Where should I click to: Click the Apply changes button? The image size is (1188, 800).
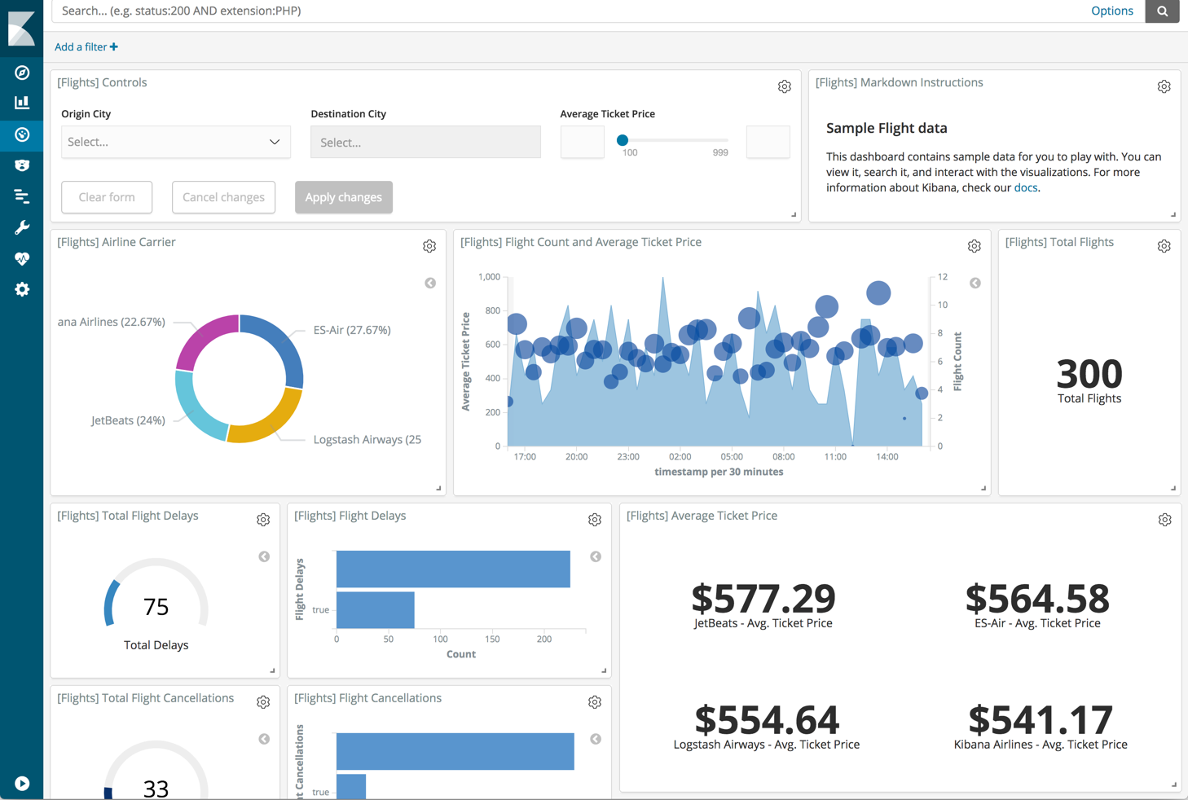(x=343, y=197)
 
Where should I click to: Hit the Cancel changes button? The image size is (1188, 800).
(x=223, y=197)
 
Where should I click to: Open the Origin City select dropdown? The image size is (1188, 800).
(x=175, y=142)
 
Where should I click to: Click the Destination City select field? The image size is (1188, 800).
(x=425, y=143)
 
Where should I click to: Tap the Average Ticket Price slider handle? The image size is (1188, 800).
(x=623, y=140)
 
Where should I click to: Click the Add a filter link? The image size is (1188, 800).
(x=86, y=47)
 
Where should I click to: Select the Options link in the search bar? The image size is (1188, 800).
(x=1111, y=11)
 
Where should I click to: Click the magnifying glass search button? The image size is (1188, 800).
(x=1162, y=11)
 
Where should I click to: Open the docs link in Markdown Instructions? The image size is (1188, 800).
(x=1025, y=187)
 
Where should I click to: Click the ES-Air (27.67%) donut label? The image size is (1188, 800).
(x=352, y=330)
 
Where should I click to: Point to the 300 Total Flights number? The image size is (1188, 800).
(x=1089, y=374)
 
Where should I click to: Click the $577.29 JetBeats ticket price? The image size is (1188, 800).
(x=763, y=599)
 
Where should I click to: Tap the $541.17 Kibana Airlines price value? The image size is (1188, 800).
(x=1040, y=720)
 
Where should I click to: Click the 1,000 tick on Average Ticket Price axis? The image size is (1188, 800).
(x=489, y=277)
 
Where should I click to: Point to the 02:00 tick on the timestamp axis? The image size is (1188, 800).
(x=680, y=457)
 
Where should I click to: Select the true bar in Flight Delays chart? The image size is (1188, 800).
(x=375, y=610)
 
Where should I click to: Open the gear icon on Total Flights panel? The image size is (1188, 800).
(x=1164, y=246)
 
